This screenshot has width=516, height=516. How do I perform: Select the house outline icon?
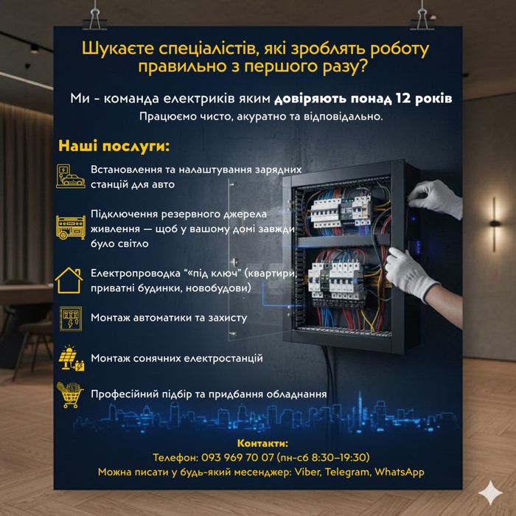tap(70, 280)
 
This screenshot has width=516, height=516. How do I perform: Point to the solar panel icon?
tap(71, 358)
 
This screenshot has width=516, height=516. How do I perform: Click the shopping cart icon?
tap(71, 394)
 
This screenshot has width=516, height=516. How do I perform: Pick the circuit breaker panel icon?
tap(71, 318)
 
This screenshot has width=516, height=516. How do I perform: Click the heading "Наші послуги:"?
tap(114, 144)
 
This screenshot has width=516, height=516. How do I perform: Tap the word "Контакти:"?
tap(262, 443)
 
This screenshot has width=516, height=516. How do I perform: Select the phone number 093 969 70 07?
tap(236, 457)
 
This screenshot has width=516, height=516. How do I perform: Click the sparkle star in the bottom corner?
tap(488, 492)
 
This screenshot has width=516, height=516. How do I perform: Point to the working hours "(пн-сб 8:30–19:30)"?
tap(323, 457)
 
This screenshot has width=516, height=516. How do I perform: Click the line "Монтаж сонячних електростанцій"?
tap(177, 358)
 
